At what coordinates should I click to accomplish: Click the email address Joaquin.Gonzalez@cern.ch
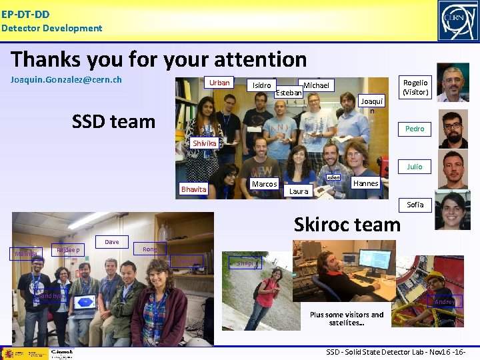tap(66, 80)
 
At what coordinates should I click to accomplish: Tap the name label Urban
tap(219, 83)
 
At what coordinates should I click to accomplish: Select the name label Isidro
tap(261, 85)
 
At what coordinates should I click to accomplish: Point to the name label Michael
tap(316, 85)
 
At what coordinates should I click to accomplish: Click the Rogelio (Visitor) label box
tap(415, 87)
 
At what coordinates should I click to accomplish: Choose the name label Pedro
tap(415, 129)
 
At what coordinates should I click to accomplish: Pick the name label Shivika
tap(204, 143)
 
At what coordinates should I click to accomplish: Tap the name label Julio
tap(415, 167)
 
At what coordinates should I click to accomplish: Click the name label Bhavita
tap(194, 189)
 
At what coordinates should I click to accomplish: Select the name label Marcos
tap(264, 184)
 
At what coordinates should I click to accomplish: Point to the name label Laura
tap(299, 191)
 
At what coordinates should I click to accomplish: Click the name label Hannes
tap(365, 183)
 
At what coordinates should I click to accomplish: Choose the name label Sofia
tap(415, 205)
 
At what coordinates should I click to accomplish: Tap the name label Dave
tap(112, 242)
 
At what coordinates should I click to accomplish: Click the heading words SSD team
tap(113, 121)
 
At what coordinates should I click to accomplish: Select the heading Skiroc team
tap(347, 224)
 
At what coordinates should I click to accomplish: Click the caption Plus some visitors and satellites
tap(347, 319)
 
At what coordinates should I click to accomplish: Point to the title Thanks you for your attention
tap(159, 59)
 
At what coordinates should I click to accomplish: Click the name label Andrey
tap(445, 302)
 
